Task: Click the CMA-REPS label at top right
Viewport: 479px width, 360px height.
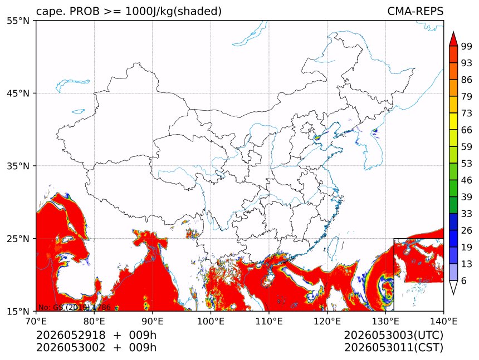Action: coord(415,11)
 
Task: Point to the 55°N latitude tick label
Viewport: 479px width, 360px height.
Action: coord(18,21)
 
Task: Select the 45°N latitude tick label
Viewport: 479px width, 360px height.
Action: coord(18,93)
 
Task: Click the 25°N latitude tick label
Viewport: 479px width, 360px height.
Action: coord(18,239)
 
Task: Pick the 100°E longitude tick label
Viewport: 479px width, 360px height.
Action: coord(211,321)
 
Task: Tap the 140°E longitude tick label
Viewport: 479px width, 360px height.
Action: coord(443,321)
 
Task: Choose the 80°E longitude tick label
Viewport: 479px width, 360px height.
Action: coord(94,321)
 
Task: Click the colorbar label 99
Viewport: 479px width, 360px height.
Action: coord(467,46)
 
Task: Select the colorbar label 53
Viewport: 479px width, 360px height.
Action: coord(467,164)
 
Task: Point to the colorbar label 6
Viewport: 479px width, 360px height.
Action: coord(464,280)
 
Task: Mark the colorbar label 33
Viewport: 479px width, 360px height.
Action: coord(467,214)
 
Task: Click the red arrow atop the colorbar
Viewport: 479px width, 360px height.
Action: coord(453,39)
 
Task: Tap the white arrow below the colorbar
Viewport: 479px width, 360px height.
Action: coord(453,288)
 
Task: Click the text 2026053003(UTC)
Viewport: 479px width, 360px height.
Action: coord(393,336)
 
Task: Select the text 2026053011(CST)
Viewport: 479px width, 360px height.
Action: coord(393,348)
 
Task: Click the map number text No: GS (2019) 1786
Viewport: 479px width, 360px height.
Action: coord(74,307)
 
